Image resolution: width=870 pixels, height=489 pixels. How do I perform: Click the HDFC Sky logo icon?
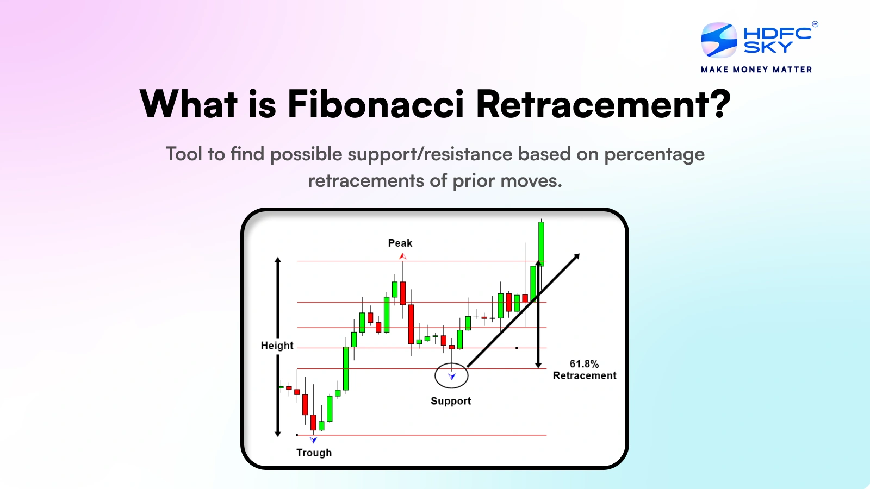pos(719,40)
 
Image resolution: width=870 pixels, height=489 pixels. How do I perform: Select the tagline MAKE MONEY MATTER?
pos(756,70)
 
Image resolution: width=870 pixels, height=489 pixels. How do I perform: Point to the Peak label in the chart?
pos(400,243)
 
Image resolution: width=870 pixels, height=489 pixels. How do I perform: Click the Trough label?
pos(314,453)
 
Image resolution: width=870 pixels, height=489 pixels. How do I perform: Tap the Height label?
pos(277,346)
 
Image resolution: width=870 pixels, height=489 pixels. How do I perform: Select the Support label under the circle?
pos(451,401)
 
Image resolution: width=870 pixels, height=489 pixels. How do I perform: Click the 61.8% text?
pos(584,364)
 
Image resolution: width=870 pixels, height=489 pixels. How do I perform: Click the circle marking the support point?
pos(451,375)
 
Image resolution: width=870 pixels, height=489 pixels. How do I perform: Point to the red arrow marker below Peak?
pos(402,256)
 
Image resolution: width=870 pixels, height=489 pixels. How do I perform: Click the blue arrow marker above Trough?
pos(313,440)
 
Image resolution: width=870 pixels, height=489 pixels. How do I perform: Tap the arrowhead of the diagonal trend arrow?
pos(577,256)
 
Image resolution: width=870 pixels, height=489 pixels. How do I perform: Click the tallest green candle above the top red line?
pos(541,243)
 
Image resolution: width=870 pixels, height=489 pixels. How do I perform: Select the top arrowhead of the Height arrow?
pos(278,260)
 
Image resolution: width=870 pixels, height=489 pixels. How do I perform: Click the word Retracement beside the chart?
pos(585,375)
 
